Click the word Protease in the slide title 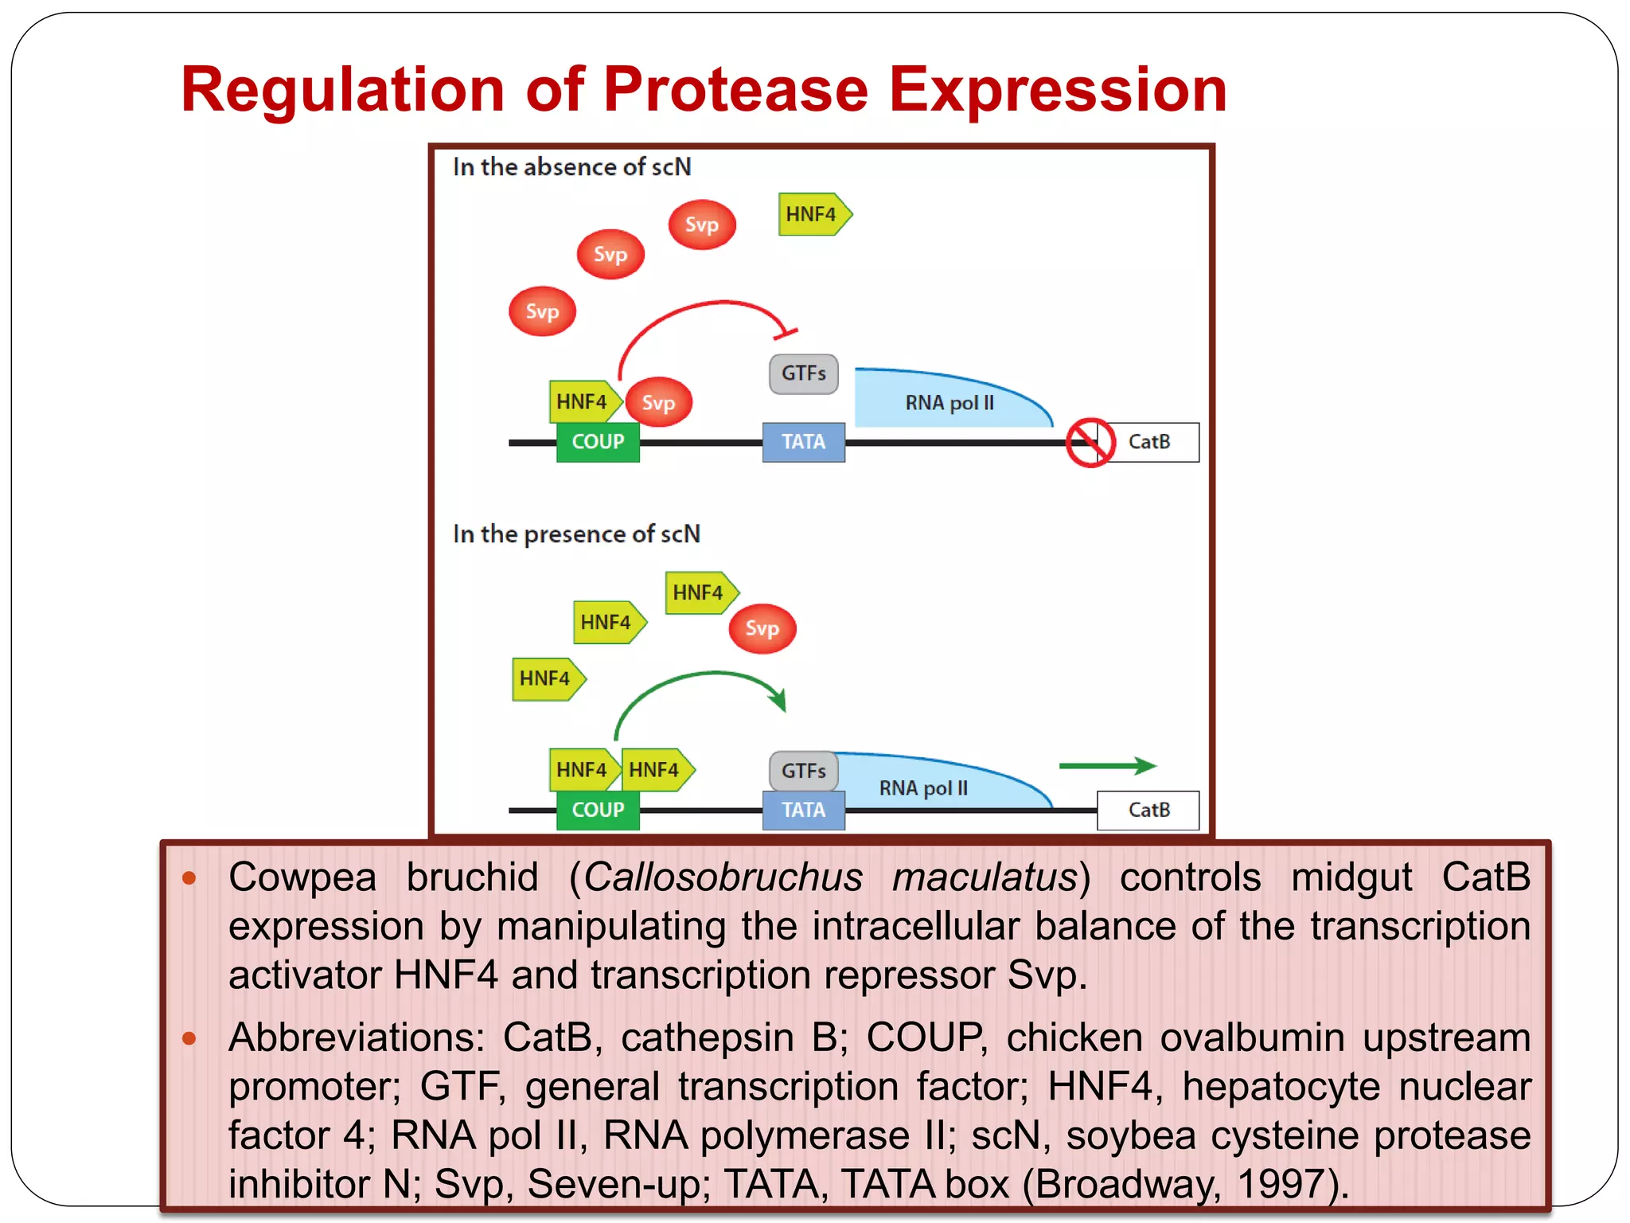[x=735, y=89]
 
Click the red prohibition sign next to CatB [x=1090, y=443]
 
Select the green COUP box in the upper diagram [x=598, y=442]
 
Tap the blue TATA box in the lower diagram [x=803, y=810]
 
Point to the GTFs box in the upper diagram [x=803, y=373]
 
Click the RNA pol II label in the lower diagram [x=923, y=788]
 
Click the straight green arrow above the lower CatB [x=1106, y=766]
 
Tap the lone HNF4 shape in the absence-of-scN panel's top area [x=812, y=214]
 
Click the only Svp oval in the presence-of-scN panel [x=762, y=629]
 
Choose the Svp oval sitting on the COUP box [x=658, y=402]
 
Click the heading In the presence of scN [x=576, y=533]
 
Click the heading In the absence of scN [x=571, y=167]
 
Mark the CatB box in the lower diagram [x=1148, y=810]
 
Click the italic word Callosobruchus [x=723, y=877]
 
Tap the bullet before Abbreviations [x=189, y=1038]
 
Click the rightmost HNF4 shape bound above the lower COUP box [x=655, y=769]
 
